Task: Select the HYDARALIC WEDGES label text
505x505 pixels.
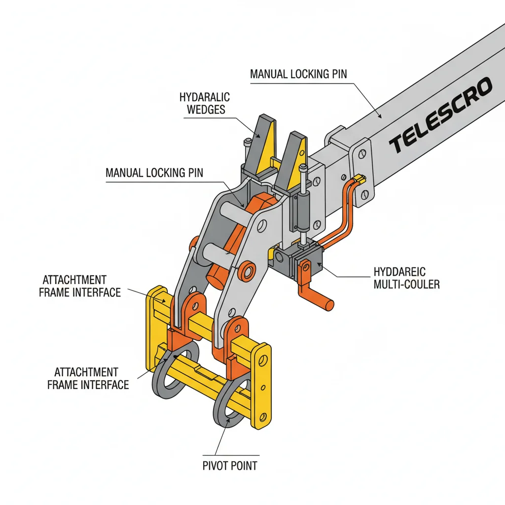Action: coord(205,103)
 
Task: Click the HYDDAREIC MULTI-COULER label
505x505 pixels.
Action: coord(406,277)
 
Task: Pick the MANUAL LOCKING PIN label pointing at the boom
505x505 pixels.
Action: coord(298,74)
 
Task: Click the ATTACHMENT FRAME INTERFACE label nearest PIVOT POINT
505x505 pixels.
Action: coord(88,378)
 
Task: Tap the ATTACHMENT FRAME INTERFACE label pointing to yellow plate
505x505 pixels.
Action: coord(79,286)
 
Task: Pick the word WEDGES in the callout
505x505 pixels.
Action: coord(206,109)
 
